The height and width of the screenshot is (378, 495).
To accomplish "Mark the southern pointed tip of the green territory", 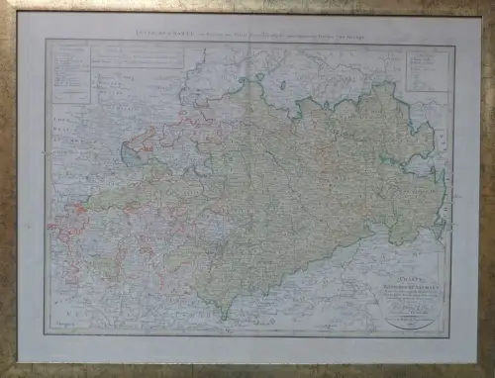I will click(224, 317).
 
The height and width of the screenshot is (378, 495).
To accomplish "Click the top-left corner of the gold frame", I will click(4, 4).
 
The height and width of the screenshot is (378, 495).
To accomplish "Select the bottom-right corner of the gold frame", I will click(491, 373).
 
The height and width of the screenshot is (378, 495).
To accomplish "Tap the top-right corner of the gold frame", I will click(491, 4).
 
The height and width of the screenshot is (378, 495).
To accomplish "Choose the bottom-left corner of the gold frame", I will click(4, 373).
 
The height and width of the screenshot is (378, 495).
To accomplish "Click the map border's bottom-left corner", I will click(46, 334).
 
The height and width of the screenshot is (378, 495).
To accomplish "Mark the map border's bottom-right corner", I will click(454, 334).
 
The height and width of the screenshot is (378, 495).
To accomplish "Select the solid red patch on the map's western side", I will click(70, 222).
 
